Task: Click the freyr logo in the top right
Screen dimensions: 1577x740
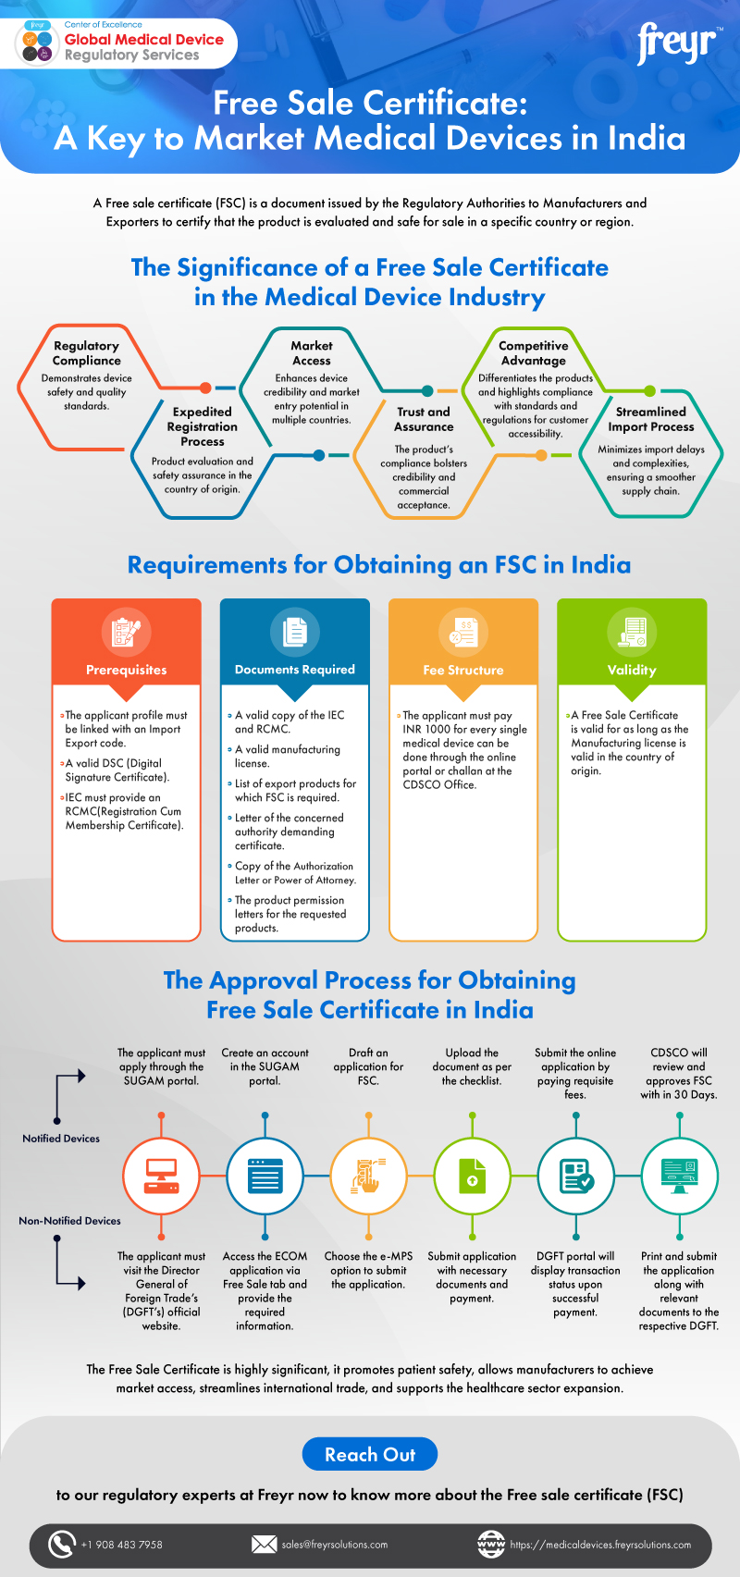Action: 677,44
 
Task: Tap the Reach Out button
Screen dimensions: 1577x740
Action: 370,1455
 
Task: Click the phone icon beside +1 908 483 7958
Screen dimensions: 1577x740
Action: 61,1544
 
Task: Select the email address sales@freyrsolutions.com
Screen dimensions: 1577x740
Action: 335,1545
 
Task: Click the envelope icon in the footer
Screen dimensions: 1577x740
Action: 265,1544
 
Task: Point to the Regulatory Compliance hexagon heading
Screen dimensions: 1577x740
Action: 86,353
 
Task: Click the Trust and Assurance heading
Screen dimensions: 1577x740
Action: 424,419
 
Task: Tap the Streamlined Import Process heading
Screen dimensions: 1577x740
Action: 650,419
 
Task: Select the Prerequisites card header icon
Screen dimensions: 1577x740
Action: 126,632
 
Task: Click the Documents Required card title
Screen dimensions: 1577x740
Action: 294,670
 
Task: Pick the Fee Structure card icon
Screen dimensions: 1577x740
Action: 462,632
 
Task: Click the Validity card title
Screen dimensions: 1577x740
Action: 632,670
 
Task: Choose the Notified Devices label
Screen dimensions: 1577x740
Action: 61,1139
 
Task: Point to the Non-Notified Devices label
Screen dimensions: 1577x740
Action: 69,1221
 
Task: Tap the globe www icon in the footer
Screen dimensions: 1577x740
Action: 490,1544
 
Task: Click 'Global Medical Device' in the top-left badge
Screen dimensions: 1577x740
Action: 144,40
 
